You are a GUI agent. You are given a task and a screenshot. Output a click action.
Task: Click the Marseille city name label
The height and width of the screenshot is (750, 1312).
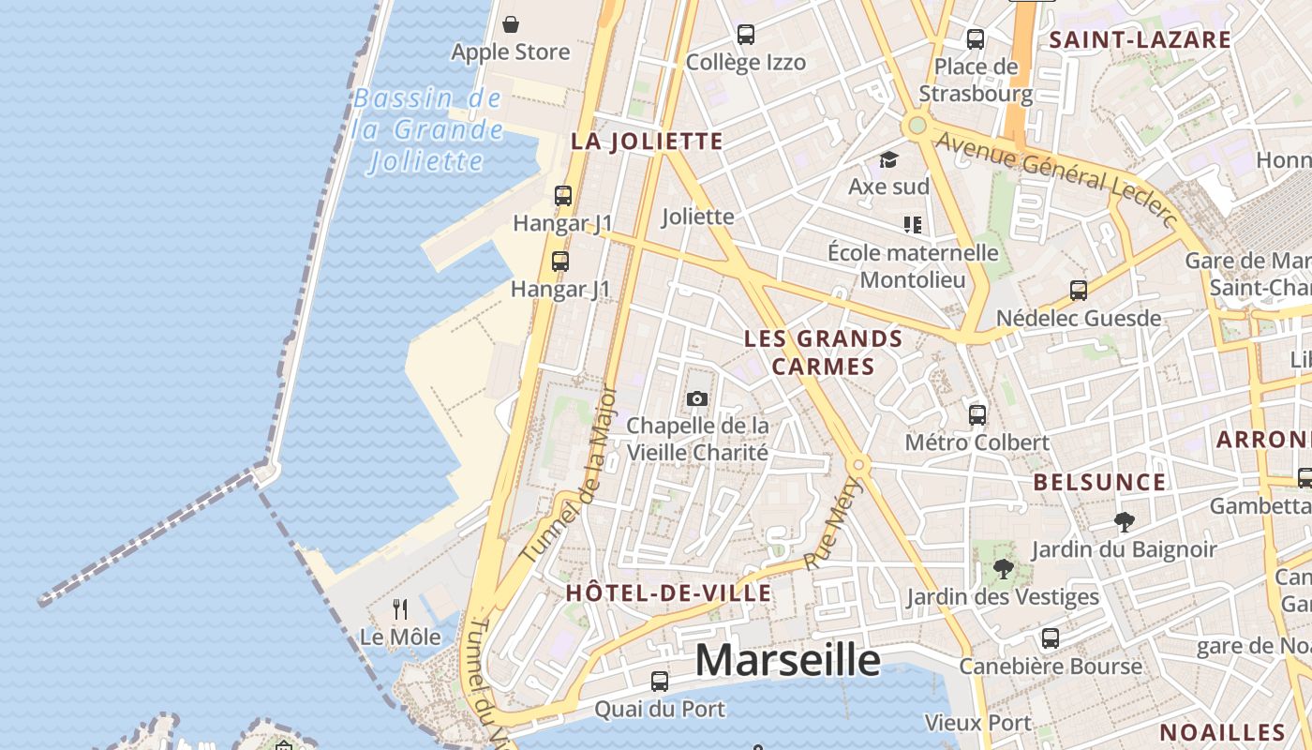[787, 661]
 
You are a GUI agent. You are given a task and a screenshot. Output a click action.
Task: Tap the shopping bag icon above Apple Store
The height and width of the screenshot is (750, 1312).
[511, 23]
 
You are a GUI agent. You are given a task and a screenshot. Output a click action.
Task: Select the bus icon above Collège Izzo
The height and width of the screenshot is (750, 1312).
[746, 35]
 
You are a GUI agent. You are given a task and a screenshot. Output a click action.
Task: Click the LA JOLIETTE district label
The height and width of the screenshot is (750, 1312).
[647, 142]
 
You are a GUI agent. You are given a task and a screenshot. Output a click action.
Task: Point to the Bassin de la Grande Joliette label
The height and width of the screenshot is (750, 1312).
[427, 129]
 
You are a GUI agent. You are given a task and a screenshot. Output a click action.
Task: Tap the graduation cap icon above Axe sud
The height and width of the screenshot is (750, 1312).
[888, 159]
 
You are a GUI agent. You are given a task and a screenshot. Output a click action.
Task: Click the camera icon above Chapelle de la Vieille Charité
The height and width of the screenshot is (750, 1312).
[696, 398]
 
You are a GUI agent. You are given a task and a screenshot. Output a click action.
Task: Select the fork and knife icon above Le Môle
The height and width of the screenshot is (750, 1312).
[400, 609]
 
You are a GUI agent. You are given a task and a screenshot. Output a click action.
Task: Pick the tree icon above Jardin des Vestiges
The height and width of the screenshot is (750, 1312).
[1003, 568]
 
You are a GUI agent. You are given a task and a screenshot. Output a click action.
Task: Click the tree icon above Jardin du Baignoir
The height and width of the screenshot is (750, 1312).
[1124, 521]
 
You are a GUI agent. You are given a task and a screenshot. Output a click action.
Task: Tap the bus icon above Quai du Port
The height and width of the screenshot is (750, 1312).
[660, 682]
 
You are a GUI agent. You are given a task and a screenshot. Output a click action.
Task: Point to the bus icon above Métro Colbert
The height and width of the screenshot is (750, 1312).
[977, 414]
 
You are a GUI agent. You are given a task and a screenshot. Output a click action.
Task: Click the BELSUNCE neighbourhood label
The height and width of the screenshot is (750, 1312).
[1099, 483]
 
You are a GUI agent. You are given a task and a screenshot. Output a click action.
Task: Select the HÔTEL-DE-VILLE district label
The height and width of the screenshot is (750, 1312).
[669, 592]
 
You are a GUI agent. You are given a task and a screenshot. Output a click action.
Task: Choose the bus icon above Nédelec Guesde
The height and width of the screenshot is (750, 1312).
[1079, 291]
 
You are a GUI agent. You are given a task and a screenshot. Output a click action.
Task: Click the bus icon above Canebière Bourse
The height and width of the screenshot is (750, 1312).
[1051, 638]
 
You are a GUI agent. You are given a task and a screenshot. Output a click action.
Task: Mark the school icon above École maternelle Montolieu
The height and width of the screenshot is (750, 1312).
[912, 225]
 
